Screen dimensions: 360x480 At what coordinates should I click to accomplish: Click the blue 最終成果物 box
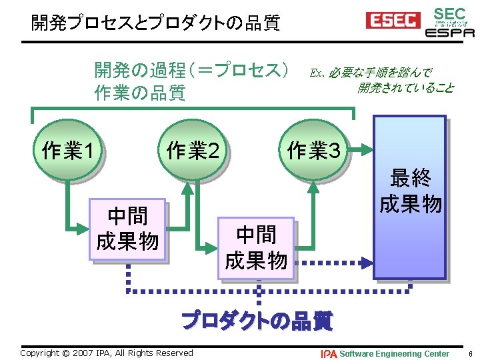[x=409, y=197]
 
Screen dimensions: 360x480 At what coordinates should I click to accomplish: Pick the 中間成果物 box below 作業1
[x=127, y=229]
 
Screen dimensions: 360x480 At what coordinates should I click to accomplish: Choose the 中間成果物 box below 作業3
[x=256, y=247]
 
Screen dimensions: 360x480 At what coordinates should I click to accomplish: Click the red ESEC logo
[x=393, y=21]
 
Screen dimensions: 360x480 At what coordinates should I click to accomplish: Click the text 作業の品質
[x=140, y=93]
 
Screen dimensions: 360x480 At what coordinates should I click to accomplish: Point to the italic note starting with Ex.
[x=381, y=79]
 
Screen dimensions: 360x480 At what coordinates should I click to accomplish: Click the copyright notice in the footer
[x=107, y=353]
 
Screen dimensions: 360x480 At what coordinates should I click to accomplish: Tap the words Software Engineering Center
[x=394, y=353]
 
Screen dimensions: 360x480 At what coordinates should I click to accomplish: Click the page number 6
[x=470, y=353]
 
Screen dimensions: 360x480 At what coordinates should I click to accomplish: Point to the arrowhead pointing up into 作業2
[x=188, y=186]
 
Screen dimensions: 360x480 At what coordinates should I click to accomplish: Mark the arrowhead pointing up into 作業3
[x=311, y=186]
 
